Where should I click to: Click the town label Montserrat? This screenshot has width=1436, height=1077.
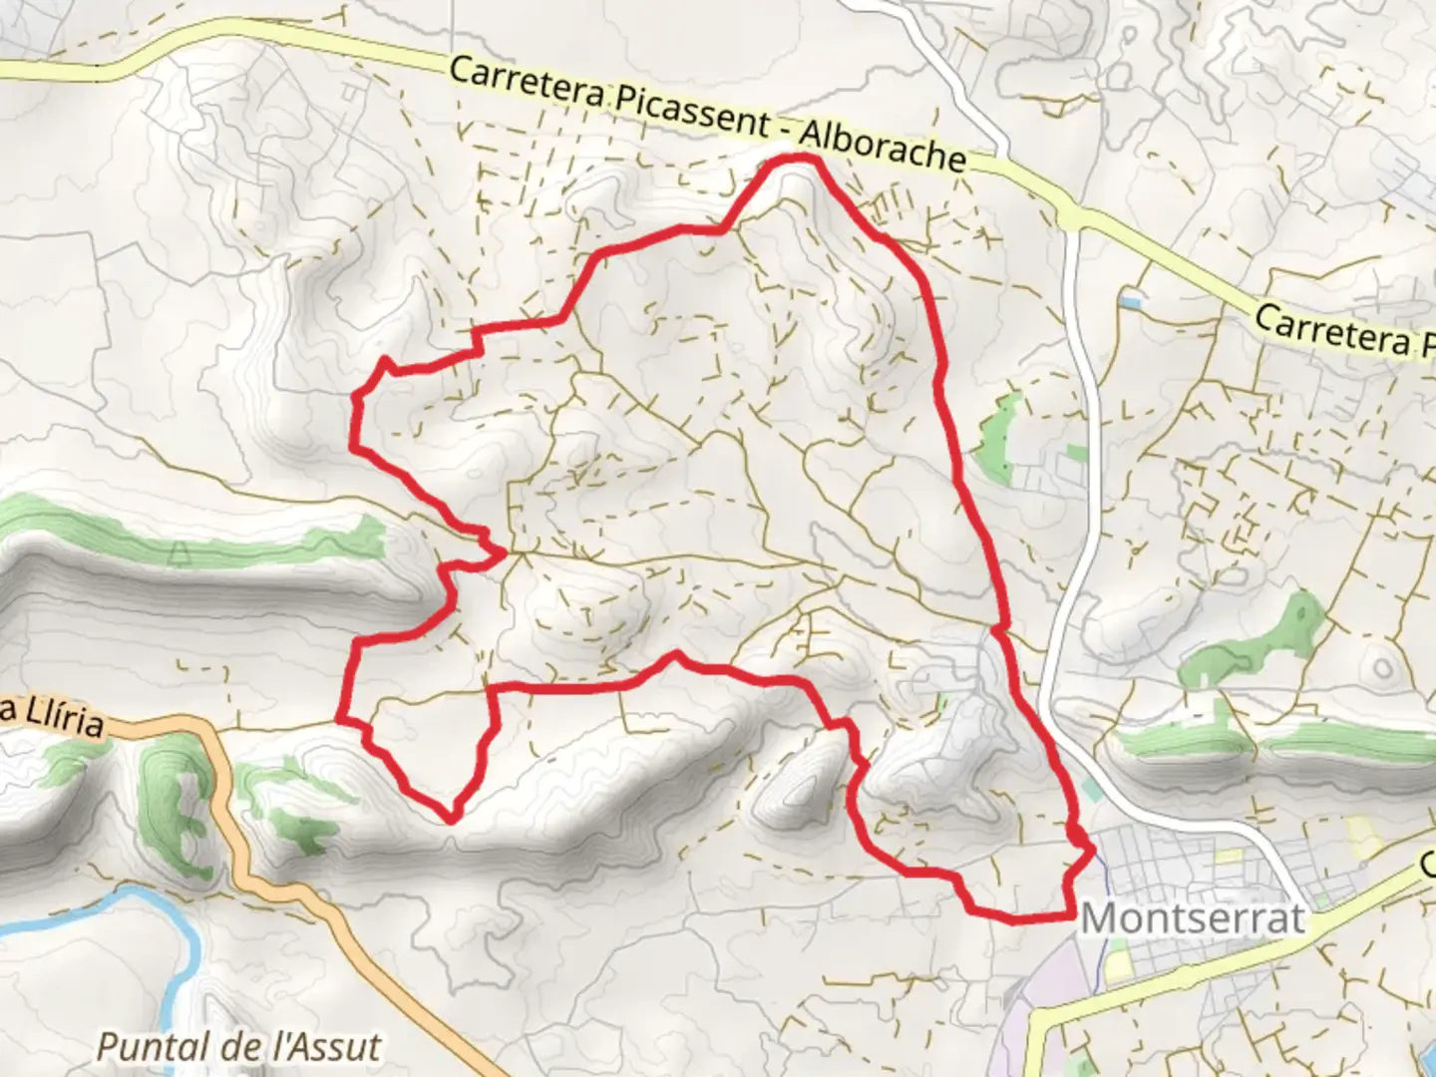[1193, 918]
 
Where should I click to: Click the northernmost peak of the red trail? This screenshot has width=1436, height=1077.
[798, 159]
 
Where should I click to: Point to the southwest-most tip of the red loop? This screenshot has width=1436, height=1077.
[451, 819]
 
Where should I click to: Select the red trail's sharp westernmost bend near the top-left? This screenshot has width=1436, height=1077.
[353, 399]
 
